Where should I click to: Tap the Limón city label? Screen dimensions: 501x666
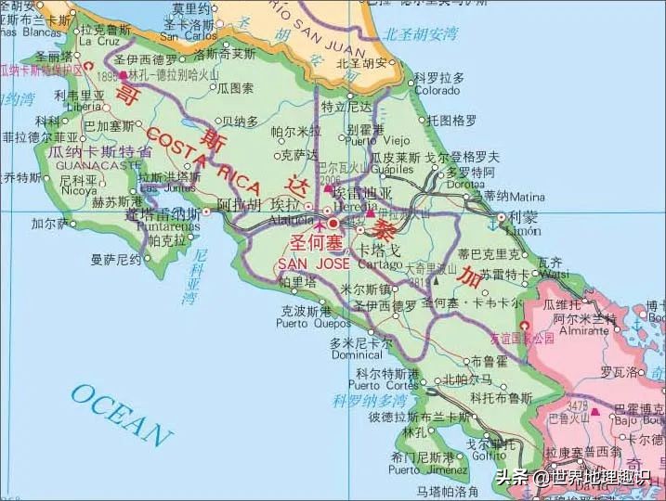click(522, 230)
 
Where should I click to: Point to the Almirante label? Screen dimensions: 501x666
click(580, 329)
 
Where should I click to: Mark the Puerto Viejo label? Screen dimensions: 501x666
click(368, 141)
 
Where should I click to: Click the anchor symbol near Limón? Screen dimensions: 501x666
click(492, 223)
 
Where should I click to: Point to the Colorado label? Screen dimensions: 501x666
click(436, 91)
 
